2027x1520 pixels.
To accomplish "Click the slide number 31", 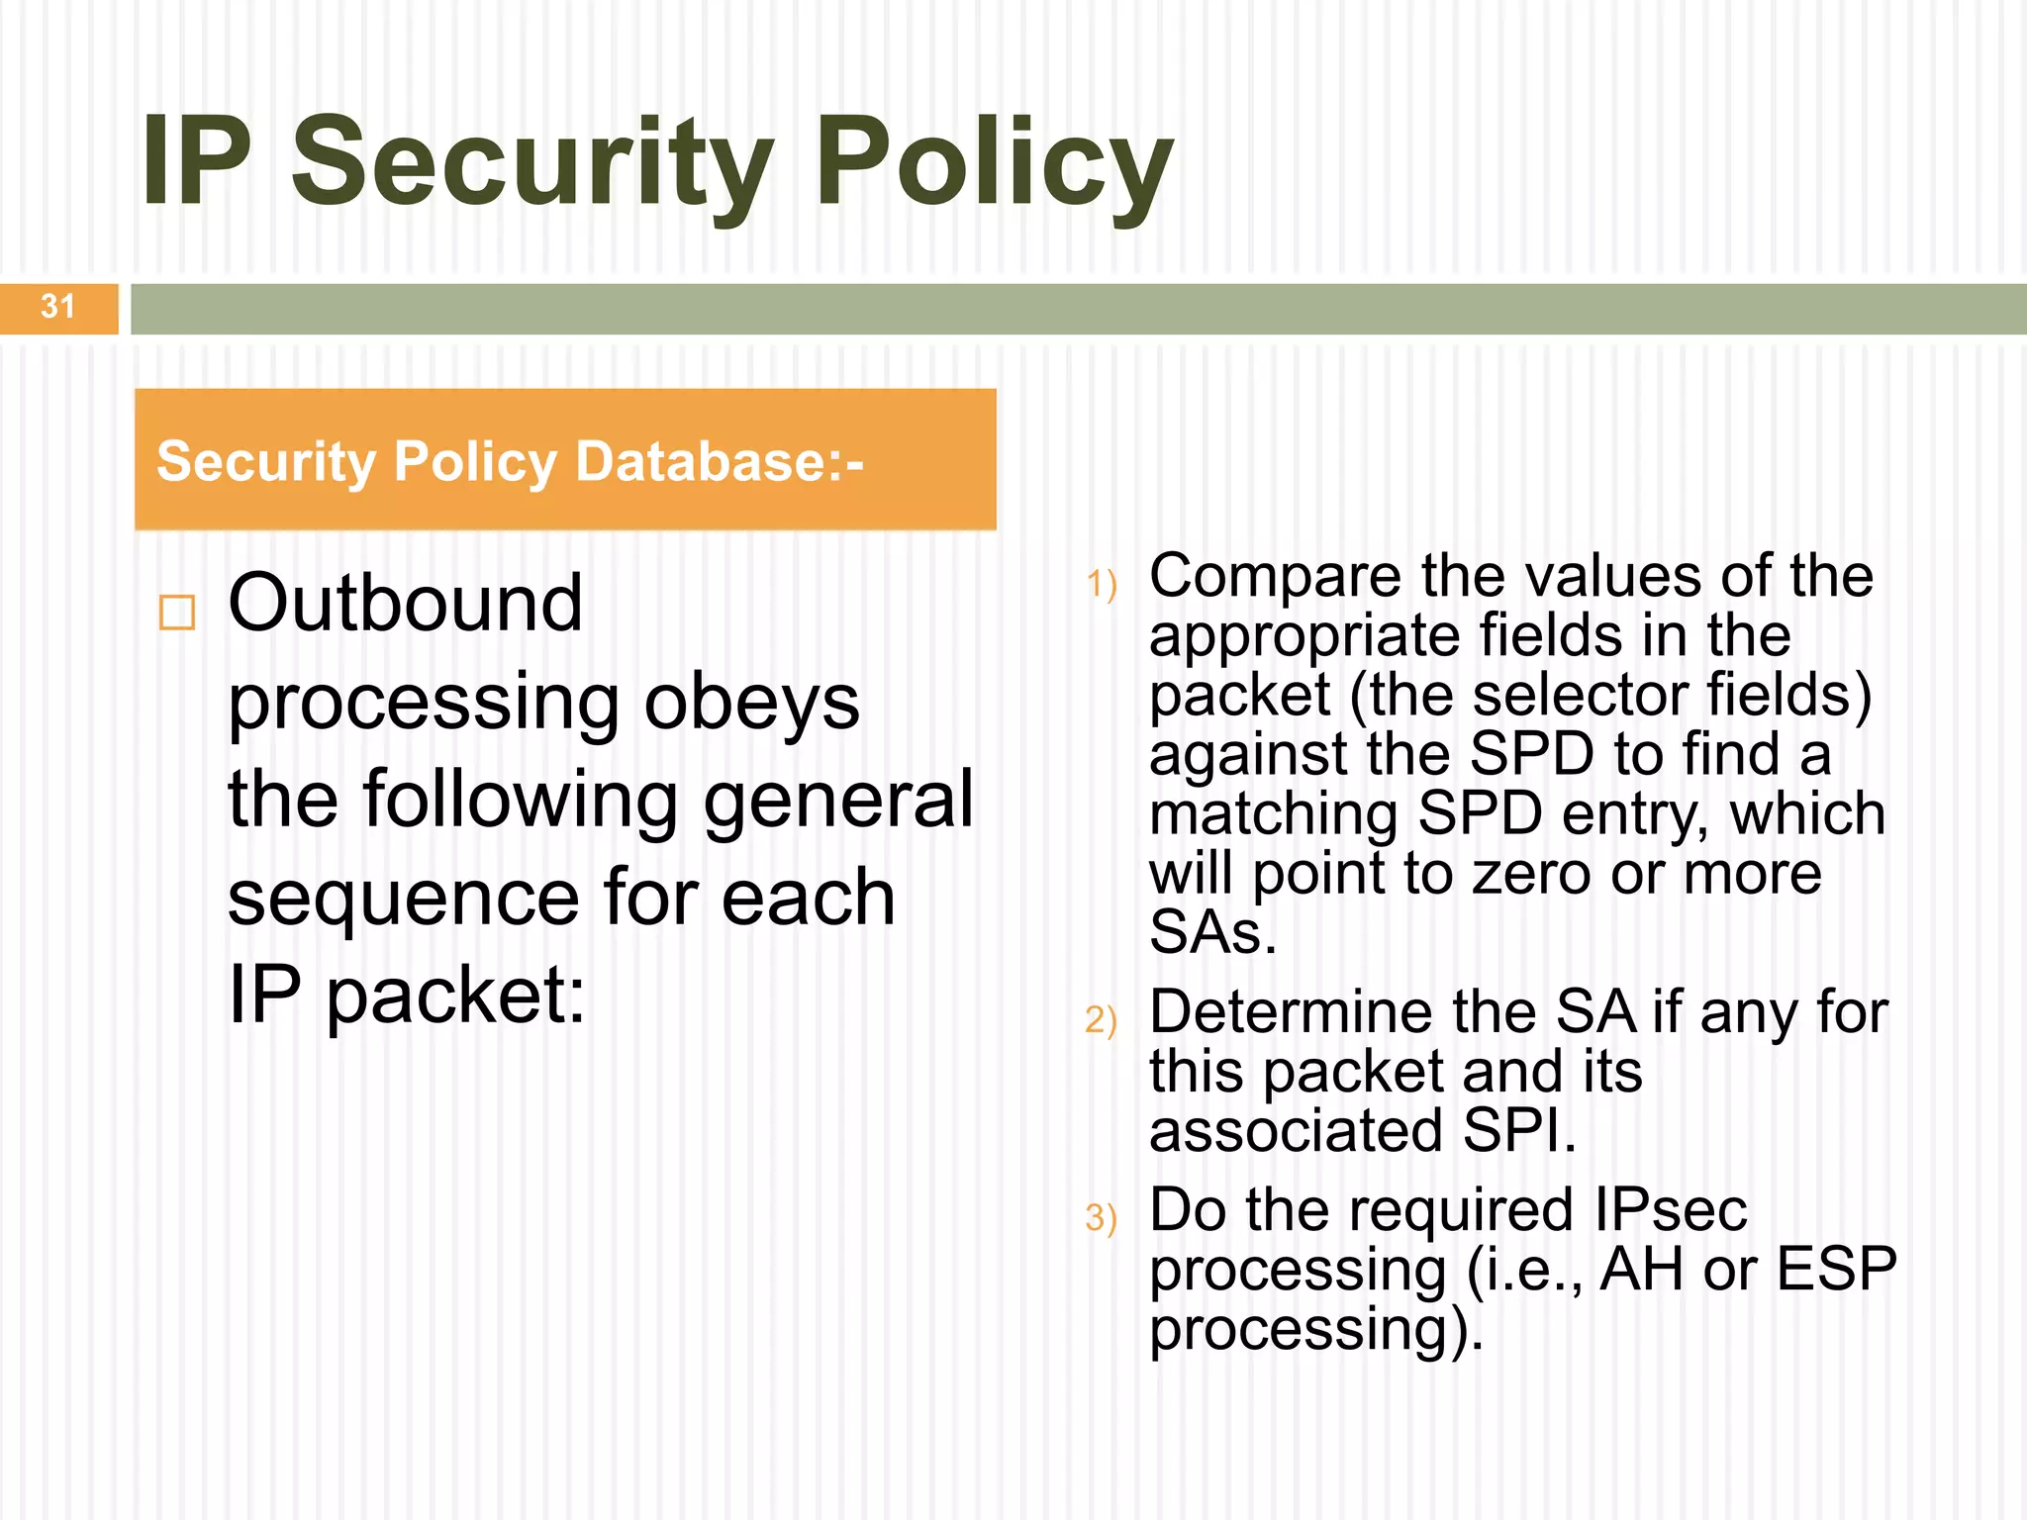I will click(x=57, y=306).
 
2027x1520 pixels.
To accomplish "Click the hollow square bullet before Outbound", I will click(x=177, y=613).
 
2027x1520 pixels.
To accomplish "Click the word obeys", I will click(x=751, y=702).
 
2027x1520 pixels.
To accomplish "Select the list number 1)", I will click(x=1102, y=584).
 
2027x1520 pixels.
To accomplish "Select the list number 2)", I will click(x=1101, y=1019).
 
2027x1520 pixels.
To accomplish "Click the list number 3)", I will click(x=1101, y=1217).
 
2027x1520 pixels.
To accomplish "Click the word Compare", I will click(x=1275, y=576).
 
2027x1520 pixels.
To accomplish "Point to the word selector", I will click(x=1565, y=695).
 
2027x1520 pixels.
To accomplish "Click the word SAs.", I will click(x=1211, y=932).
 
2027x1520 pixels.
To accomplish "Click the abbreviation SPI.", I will click(x=1518, y=1130).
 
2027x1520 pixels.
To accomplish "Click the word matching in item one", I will click(x=1274, y=813).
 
